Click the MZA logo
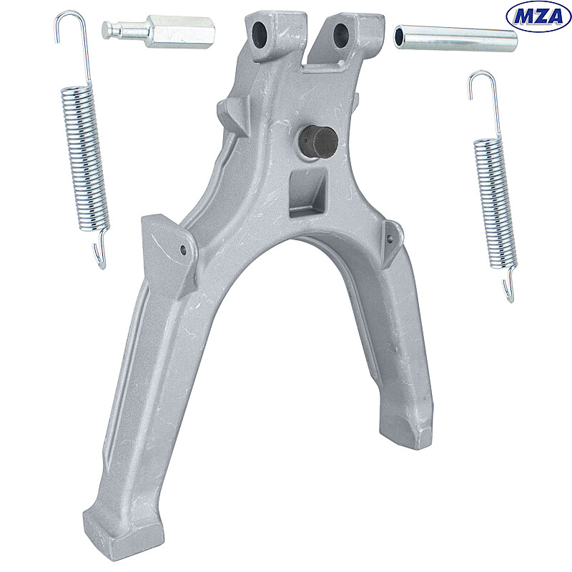click(x=538, y=16)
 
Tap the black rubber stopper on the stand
click(x=318, y=142)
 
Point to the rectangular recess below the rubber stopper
click(x=307, y=194)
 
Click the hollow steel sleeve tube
click(x=455, y=39)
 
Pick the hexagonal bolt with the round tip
click(x=158, y=31)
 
